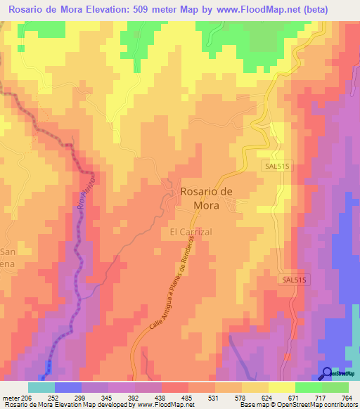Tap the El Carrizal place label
(191, 231)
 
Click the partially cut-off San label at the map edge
(8, 252)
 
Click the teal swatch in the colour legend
(41, 387)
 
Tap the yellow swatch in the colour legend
(282, 387)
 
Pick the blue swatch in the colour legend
(68, 387)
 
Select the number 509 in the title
(154, 10)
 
